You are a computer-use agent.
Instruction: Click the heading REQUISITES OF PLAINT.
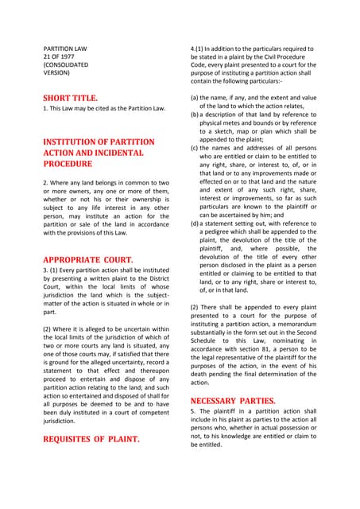[91, 438]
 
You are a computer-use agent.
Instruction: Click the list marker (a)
[195, 97]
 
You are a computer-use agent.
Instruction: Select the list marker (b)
[195, 115]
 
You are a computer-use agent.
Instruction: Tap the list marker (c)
[195, 148]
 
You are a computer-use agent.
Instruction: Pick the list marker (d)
[195, 224]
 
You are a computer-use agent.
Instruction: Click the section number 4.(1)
[199, 48]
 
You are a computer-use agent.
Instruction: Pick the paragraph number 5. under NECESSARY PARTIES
[193, 410]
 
